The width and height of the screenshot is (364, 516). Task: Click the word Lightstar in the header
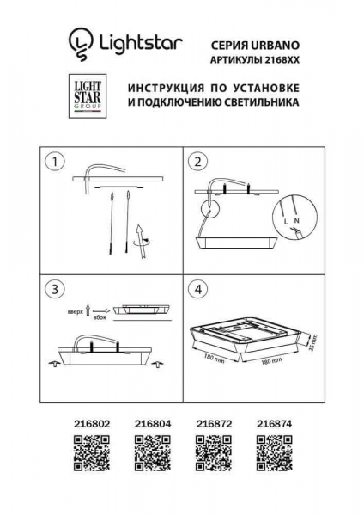[136, 40]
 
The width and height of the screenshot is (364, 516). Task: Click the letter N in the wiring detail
[296, 222]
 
